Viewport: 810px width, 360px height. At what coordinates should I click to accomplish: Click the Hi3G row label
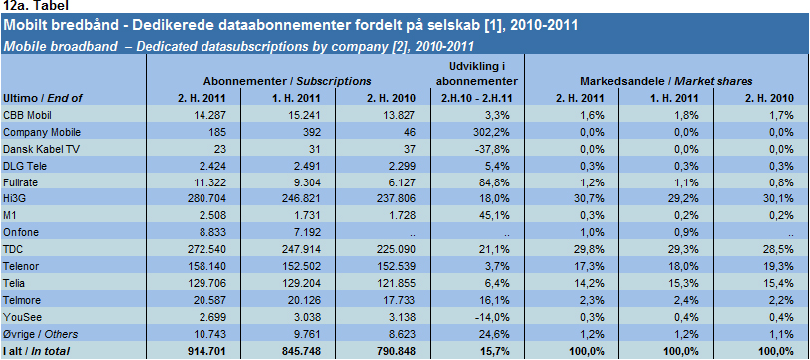(x=12, y=199)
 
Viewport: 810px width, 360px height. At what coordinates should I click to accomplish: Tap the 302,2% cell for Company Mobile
(x=494, y=132)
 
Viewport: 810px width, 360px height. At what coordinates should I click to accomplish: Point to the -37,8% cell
(x=495, y=149)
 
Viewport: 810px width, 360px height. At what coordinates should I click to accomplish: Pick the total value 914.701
(x=207, y=351)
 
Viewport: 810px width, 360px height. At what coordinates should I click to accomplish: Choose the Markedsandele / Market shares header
(x=666, y=81)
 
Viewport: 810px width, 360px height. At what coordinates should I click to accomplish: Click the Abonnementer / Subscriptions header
(x=287, y=81)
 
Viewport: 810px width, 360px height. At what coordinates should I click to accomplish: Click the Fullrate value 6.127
(x=402, y=182)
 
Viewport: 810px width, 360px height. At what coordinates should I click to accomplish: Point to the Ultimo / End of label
(x=42, y=98)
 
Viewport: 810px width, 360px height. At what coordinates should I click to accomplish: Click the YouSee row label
(x=18, y=317)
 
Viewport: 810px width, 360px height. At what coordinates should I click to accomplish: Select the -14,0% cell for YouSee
(x=495, y=317)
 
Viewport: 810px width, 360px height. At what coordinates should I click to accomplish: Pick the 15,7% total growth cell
(x=497, y=351)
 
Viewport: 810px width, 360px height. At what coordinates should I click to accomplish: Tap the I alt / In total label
(x=36, y=351)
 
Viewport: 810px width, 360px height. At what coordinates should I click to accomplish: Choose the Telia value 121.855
(x=398, y=283)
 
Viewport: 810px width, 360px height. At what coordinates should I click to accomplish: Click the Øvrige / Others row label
(x=40, y=334)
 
